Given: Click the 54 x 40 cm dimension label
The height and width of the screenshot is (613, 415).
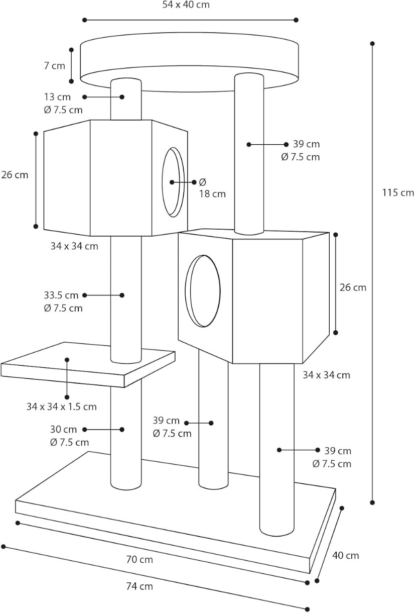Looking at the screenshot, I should click(x=186, y=6).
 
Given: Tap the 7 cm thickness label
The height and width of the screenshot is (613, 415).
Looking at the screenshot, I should click(x=54, y=66).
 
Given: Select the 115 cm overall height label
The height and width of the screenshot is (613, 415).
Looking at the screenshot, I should click(x=398, y=192).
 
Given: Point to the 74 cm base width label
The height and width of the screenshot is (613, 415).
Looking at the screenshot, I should click(x=140, y=586).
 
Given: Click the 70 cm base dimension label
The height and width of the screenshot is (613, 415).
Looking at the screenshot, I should click(x=140, y=559).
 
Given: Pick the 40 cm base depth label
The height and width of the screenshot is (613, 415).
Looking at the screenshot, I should click(x=346, y=555).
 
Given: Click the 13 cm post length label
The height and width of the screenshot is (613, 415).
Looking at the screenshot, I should click(x=57, y=97).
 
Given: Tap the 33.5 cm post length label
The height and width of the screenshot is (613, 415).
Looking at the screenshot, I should click(x=61, y=295).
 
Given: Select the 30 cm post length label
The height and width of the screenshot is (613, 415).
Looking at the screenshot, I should click(x=63, y=430).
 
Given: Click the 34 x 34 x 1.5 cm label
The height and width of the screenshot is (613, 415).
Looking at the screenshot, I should click(x=62, y=406).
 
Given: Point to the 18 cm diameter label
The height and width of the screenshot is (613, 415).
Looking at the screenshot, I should click(x=212, y=193).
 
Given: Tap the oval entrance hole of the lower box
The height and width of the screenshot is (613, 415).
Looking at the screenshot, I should click(x=203, y=290).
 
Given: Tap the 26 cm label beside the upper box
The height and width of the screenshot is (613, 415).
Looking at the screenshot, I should click(x=15, y=175).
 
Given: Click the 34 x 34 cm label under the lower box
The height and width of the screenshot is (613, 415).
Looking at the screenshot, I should click(x=326, y=375).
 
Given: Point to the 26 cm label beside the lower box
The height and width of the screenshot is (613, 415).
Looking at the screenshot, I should click(x=353, y=287).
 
